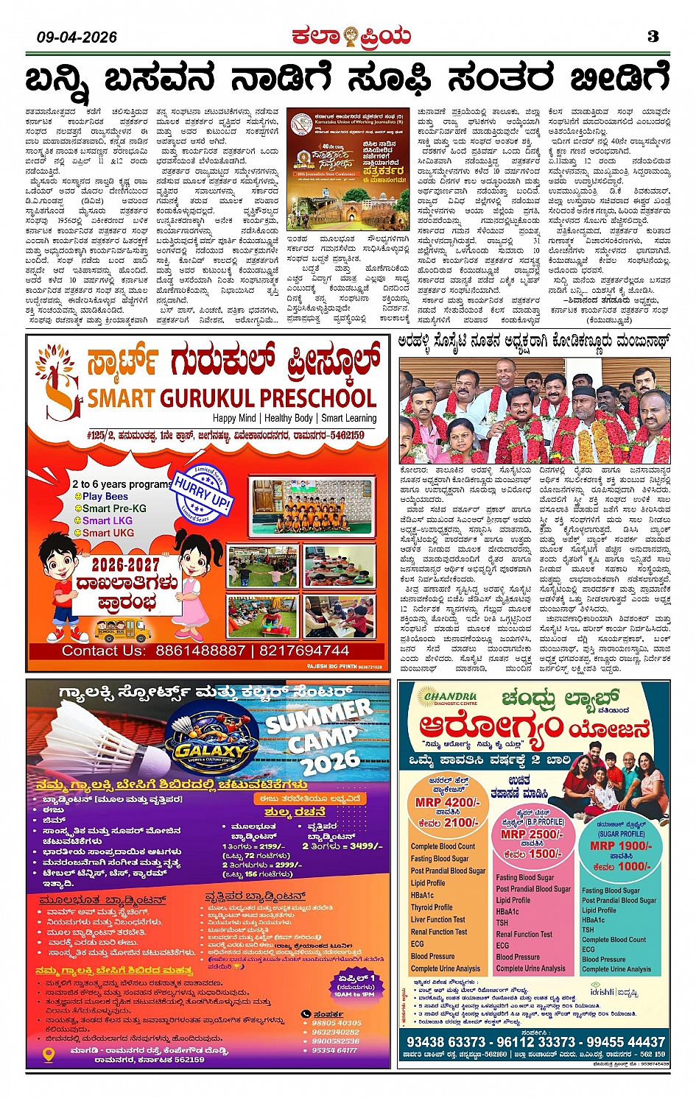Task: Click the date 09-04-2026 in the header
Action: (77, 37)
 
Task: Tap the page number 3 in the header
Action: (653, 36)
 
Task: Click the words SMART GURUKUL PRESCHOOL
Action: (232, 398)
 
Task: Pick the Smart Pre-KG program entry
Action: (114, 509)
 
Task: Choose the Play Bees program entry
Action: (105, 497)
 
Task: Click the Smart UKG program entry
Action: (108, 533)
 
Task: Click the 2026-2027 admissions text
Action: (125, 564)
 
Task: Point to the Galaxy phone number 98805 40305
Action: (337, 1023)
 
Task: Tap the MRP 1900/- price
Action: (622, 846)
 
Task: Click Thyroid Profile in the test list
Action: (432, 907)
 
